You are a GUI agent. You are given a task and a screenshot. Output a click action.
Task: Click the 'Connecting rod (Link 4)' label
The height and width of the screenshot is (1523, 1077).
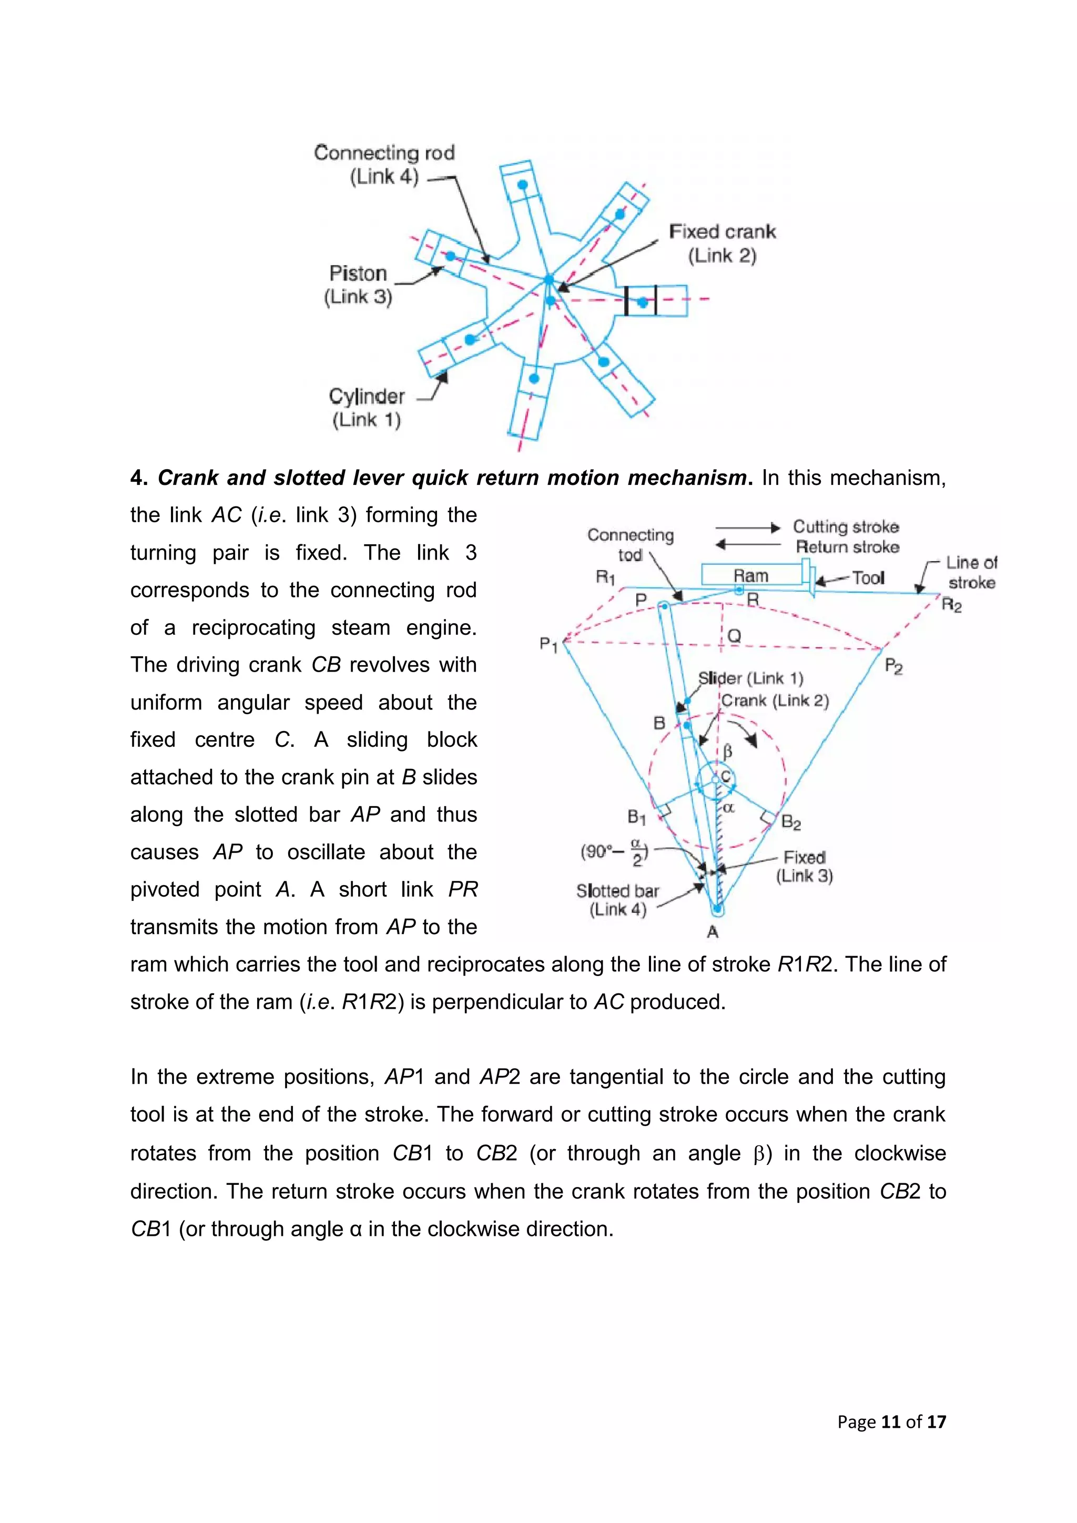click(384, 165)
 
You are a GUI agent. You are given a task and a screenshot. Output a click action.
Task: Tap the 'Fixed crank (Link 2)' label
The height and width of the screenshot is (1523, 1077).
click(722, 243)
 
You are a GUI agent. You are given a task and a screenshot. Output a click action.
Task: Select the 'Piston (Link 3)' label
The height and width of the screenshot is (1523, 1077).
click(358, 285)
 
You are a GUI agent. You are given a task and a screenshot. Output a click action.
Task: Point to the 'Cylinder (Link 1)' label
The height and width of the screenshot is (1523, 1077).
click(367, 407)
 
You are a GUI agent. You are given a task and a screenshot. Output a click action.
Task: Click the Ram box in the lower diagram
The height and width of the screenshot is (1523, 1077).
click(751, 575)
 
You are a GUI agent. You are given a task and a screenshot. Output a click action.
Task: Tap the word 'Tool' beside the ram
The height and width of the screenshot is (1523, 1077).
click(868, 578)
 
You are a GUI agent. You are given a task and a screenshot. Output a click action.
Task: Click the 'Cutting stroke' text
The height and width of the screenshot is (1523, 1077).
click(846, 526)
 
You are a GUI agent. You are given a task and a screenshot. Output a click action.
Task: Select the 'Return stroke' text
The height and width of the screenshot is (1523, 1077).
click(848, 547)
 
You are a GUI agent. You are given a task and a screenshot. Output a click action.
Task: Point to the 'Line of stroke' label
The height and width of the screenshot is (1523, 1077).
click(971, 573)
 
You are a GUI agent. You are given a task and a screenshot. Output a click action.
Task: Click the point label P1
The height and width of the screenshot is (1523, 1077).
click(548, 644)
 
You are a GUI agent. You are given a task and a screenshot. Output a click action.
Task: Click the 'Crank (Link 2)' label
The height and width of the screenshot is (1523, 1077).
click(775, 700)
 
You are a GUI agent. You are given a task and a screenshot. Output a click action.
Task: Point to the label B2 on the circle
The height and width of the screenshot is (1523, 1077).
click(790, 823)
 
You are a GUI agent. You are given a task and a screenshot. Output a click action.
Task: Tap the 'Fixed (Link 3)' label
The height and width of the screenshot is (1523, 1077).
click(805, 866)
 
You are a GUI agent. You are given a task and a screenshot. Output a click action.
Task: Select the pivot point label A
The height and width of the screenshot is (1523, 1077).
click(713, 932)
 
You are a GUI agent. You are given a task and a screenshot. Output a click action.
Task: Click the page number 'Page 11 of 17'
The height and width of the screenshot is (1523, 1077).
click(891, 1422)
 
